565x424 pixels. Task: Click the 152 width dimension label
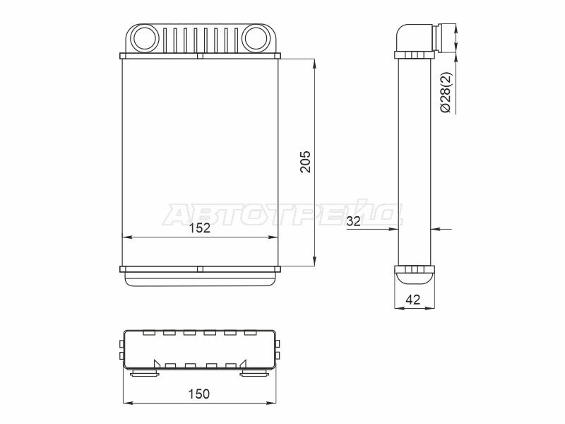click(x=200, y=228)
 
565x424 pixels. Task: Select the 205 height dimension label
click(x=305, y=162)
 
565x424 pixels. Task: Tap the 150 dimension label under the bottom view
click(x=199, y=394)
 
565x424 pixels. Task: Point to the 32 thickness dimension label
click(x=354, y=221)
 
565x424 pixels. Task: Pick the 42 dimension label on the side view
click(x=413, y=300)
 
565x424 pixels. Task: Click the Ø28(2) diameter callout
click(x=446, y=93)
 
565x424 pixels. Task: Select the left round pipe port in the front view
click(x=144, y=37)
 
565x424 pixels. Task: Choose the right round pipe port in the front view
click(x=256, y=37)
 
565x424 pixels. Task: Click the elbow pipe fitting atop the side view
click(x=418, y=37)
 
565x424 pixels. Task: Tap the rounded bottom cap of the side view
click(x=415, y=278)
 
